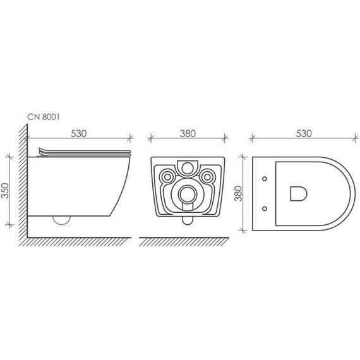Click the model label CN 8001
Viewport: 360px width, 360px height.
coord(44,117)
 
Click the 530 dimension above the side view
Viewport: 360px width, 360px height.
coord(78,134)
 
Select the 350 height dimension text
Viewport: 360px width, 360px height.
coord(5,191)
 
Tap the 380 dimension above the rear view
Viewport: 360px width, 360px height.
coord(188,134)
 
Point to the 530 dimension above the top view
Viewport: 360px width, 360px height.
coord(304,134)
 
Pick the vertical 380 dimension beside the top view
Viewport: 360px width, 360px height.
coord(238,193)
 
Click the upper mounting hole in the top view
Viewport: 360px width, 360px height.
coord(265,179)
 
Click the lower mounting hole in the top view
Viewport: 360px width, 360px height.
coord(265,208)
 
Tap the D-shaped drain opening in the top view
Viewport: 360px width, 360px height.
coord(299,193)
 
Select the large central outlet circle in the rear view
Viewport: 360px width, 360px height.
coord(188,195)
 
